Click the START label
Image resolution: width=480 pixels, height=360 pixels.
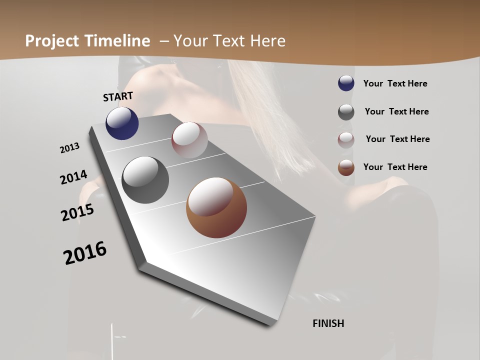coord(118,96)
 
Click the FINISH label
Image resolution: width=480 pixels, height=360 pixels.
coord(328,323)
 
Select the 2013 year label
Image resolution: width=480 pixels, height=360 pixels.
coord(70,148)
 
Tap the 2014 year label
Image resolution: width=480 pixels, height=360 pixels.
coord(74,177)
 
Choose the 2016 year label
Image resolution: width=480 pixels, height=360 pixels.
coord(85,253)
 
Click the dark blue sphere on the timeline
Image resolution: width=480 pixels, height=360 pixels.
coord(122,123)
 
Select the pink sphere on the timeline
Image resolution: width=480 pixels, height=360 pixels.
coord(189,140)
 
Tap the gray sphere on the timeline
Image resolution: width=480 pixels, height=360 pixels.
coord(145,180)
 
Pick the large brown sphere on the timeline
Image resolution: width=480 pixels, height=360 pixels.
coord(216,207)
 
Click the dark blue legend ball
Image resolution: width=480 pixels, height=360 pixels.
coord(346,83)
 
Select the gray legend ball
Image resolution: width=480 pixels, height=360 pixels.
coord(346,112)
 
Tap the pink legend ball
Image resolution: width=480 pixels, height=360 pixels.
coord(346,140)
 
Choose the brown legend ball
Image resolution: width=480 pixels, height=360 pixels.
coord(346,167)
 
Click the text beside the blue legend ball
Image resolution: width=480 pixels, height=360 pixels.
coord(395,83)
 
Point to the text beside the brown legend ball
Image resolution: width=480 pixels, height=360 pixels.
coord(395,167)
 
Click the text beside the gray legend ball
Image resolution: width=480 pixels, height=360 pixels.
coord(396,111)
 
